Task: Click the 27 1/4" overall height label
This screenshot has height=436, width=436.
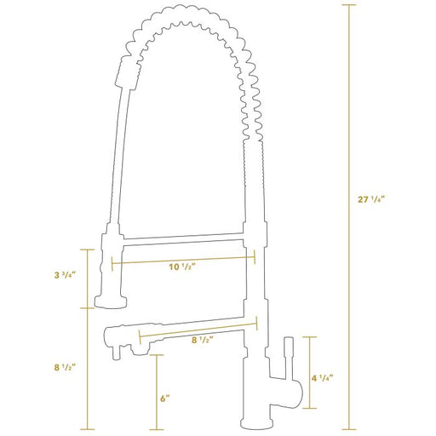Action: click(x=370, y=199)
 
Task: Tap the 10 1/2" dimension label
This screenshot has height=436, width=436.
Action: click(x=182, y=267)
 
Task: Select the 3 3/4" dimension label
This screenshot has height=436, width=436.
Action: click(x=65, y=275)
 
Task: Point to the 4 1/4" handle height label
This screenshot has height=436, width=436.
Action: click(x=322, y=378)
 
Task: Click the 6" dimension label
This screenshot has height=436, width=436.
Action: click(x=164, y=399)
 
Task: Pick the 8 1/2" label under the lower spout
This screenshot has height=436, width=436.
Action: click(x=202, y=340)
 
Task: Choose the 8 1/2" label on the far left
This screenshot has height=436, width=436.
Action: click(x=65, y=367)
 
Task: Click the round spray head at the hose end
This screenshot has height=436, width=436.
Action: click(x=111, y=302)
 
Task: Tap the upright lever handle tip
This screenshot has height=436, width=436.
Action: click(x=289, y=341)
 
